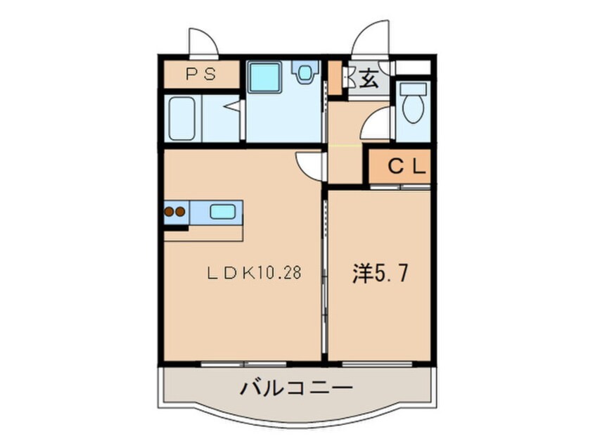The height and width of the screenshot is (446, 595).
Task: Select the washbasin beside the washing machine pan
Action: (x=305, y=72)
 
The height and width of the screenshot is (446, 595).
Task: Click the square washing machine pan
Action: (x=266, y=76)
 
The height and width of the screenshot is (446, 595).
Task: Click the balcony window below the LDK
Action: (x=243, y=364)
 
